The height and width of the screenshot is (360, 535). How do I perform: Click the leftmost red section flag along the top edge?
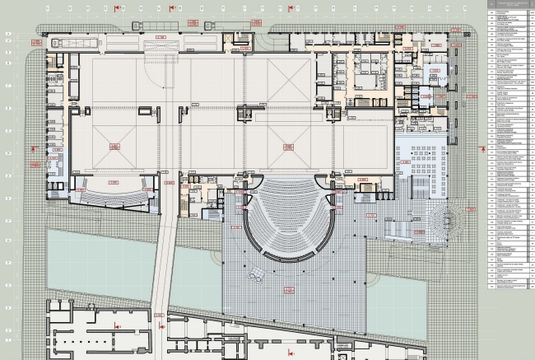pyautogui.click(x=117, y=7)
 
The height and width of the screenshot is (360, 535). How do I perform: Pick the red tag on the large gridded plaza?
pyautogui.click(x=288, y=288)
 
